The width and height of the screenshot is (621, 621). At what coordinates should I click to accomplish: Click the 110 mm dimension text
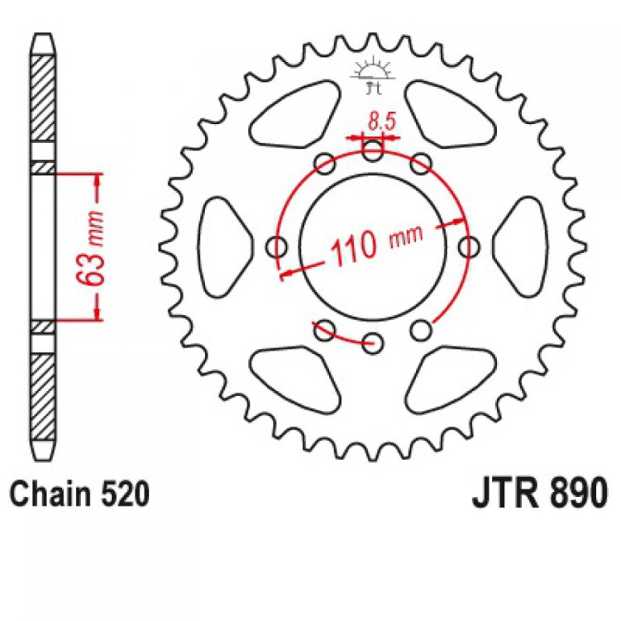(x=375, y=245)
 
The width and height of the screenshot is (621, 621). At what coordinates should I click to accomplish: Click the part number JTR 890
(x=536, y=493)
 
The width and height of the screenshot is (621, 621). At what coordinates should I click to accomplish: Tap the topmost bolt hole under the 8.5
(x=373, y=149)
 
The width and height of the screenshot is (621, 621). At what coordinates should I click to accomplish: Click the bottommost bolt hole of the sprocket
(x=373, y=341)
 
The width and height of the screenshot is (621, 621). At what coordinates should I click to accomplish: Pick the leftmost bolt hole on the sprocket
(x=277, y=245)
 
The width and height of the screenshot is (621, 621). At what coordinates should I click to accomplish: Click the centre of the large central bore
(x=373, y=245)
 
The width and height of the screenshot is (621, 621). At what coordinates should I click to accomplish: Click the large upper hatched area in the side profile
(x=44, y=101)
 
